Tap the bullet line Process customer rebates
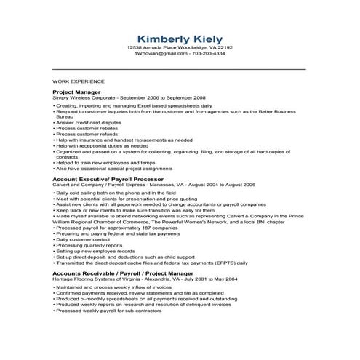pyautogui.click(x=87, y=128)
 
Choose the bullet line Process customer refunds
pyautogui.click(x=87, y=134)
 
